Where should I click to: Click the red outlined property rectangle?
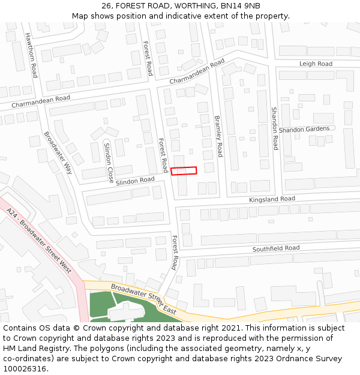click(184, 171)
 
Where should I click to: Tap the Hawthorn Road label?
click(31, 55)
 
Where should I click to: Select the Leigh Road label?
click(316, 64)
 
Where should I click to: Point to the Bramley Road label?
click(218, 136)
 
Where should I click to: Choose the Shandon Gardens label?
click(304, 129)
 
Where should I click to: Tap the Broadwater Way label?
click(58, 152)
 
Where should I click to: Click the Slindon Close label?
click(109, 163)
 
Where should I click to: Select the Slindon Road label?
click(135, 181)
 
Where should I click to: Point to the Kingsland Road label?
click(272, 199)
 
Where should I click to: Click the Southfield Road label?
click(276, 248)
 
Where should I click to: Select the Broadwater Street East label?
click(143, 298)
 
